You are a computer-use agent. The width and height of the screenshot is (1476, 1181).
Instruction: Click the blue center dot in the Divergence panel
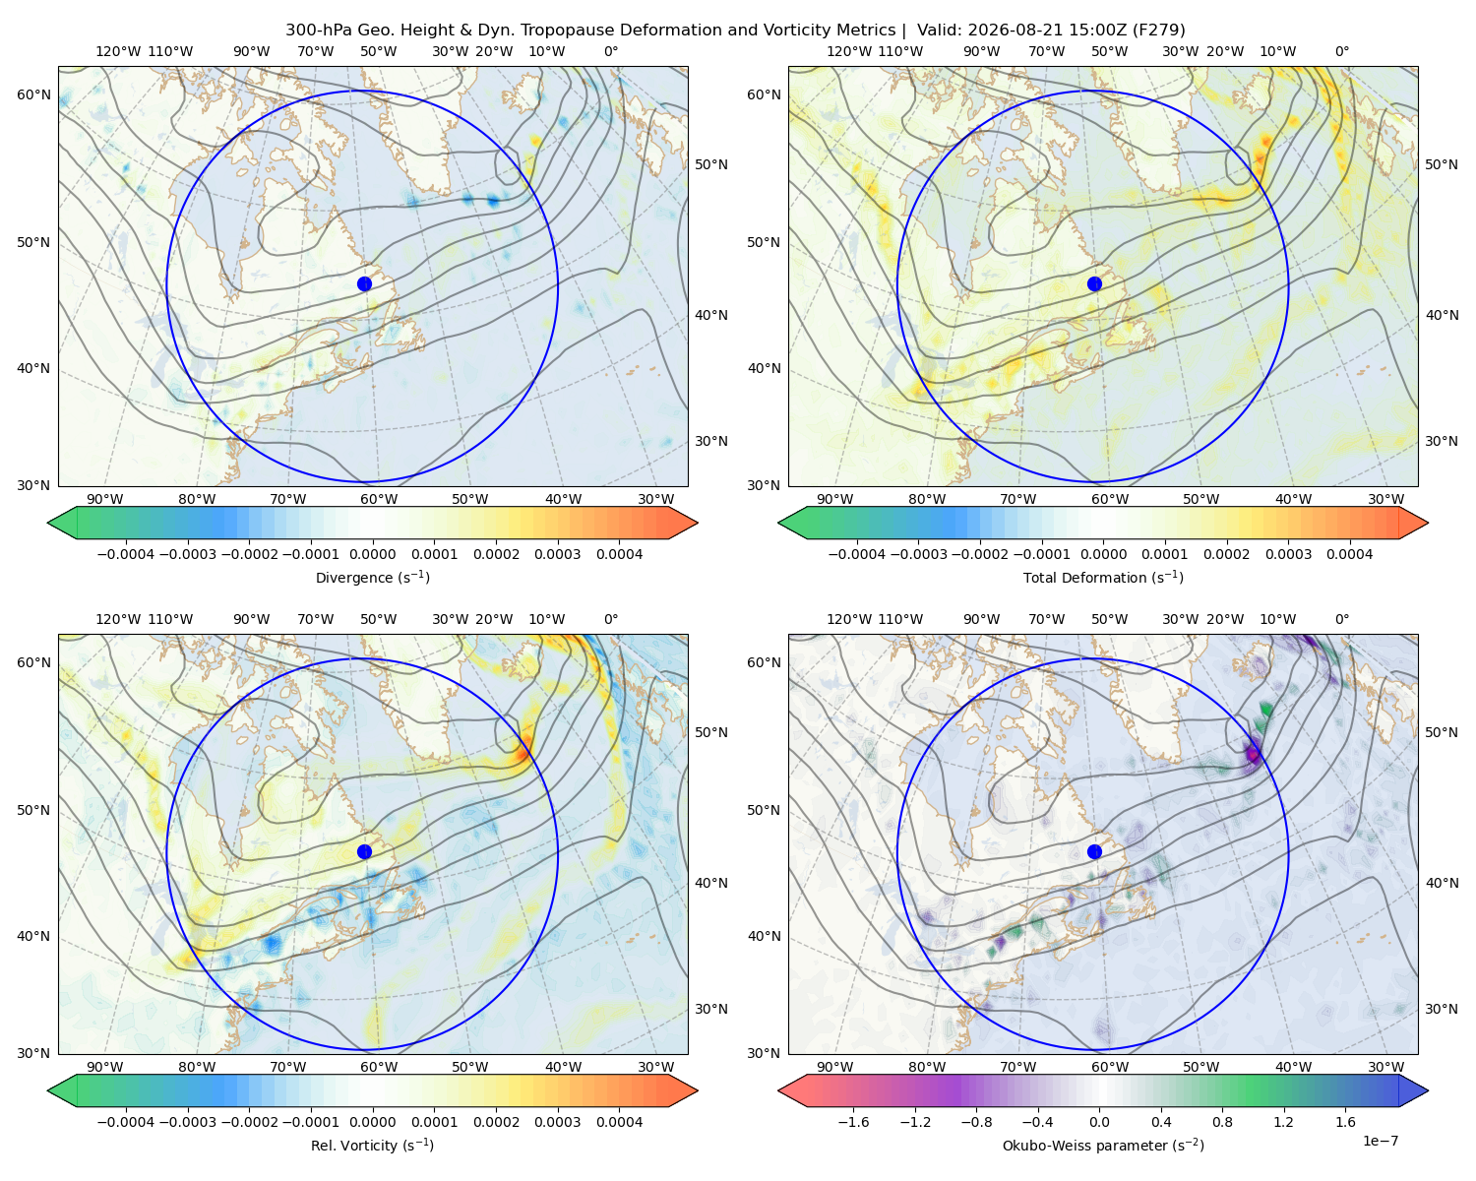click(364, 284)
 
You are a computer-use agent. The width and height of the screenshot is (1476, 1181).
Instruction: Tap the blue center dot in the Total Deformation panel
click(1094, 284)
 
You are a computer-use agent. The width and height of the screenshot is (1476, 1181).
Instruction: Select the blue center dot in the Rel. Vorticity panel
click(364, 851)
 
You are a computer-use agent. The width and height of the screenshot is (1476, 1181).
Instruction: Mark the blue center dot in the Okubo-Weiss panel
click(1094, 851)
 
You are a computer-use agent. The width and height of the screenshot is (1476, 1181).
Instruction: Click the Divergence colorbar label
click(372, 578)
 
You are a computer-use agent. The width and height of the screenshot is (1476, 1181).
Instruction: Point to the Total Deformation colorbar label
click(1103, 578)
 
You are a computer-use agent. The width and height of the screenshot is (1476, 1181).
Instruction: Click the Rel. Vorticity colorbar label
click(372, 1146)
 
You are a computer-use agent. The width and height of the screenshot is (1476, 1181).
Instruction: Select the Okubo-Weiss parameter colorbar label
click(1103, 1146)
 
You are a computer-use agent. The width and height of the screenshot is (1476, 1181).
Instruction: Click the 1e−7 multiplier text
click(1380, 1142)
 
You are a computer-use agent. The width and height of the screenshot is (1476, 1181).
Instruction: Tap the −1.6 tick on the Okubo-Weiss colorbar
click(853, 1122)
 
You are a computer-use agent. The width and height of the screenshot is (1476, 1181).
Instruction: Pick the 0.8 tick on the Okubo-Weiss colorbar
click(1222, 1122)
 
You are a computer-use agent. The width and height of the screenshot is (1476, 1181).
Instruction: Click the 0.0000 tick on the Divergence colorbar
click(372, 554)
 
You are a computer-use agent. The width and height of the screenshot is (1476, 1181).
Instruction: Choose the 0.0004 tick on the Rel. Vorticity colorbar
click(619, 1122)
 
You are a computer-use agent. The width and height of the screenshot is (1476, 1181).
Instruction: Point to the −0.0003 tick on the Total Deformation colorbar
click(918, 554)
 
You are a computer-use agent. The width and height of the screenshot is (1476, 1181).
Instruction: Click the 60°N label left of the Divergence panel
click(33, 94)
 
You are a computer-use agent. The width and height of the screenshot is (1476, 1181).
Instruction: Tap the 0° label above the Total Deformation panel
click(1341, 51)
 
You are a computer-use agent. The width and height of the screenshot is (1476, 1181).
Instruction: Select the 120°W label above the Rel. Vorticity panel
click(118, 619)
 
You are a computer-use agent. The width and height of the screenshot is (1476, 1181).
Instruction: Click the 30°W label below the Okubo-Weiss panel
click(1386, 1067)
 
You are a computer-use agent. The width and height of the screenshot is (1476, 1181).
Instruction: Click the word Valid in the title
click(936, 31)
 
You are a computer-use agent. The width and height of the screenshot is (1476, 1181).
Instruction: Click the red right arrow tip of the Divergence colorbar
click(697, 523)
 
